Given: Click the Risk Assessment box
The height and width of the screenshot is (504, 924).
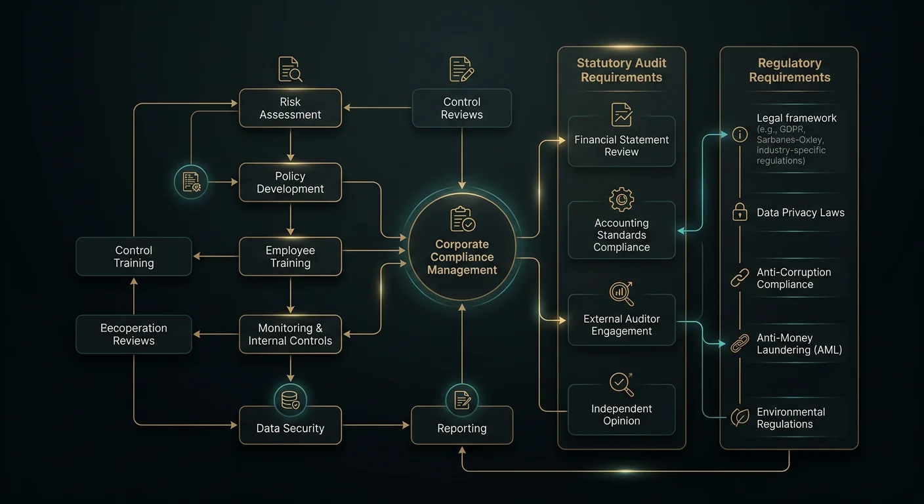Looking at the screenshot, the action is (291, 108).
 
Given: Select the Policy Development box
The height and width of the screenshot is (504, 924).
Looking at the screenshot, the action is (291, 182).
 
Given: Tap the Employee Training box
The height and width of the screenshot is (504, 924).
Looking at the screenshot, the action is (291, 256).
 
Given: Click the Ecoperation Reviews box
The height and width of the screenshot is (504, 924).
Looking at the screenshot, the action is (134, 334).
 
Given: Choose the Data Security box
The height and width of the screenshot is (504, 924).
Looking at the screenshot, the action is (291, 425).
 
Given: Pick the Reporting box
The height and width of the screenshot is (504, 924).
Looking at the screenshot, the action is (462, 425).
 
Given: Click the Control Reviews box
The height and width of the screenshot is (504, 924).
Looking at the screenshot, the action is (462, 108).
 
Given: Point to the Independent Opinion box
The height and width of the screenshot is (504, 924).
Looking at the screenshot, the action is (621, 409).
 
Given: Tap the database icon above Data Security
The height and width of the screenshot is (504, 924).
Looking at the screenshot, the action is (291, 400).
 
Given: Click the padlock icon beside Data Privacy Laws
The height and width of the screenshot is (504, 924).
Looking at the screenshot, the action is (740, 212).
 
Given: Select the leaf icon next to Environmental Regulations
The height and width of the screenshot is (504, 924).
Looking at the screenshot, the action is (740, 417).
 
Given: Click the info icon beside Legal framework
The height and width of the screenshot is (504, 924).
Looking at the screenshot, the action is (740, 135).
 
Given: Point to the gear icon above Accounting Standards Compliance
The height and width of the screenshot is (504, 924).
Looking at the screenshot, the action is (621, 199).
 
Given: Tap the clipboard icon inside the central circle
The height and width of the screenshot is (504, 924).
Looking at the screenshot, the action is (463, 219).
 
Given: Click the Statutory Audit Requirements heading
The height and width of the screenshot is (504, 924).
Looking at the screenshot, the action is (621, 70).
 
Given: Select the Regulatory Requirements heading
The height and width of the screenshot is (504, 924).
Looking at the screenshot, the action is (789, 70).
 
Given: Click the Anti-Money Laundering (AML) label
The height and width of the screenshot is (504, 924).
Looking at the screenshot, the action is (799, 344).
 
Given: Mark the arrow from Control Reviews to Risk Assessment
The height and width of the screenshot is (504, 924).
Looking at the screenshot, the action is (377, 108).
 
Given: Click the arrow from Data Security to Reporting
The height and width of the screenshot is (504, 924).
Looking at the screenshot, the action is (376, 425).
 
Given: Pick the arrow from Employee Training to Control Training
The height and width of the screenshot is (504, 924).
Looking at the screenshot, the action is (216, 256).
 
